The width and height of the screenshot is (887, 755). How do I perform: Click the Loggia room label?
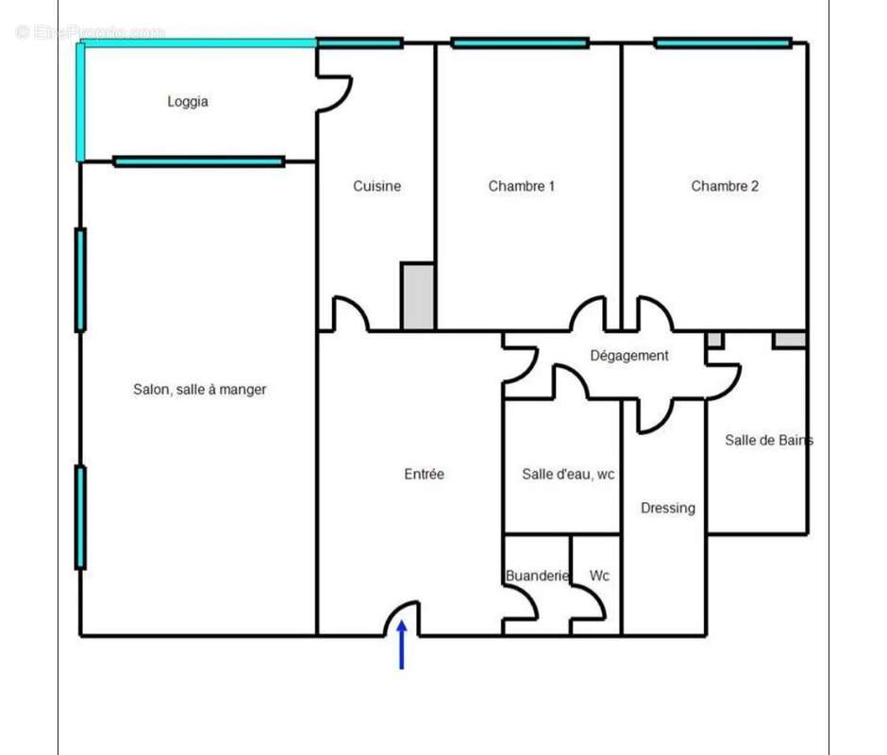[x=187, y=102]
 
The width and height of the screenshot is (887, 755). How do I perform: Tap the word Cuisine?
[x=377, y=186]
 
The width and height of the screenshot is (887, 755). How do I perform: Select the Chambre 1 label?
[x=521, y=186]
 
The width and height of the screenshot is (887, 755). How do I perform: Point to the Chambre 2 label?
[x=724, y=186]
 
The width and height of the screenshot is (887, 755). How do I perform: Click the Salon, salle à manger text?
[x=199, y=389]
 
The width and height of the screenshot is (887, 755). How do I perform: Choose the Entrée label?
[x=424, y=474]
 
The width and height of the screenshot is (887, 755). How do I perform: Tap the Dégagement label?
[x=628, y=356]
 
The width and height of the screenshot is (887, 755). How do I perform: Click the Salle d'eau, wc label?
[x=567, y=474]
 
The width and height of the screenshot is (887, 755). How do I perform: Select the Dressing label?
[x=667, y=508]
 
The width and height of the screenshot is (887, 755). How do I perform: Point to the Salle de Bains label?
[x=767, y=440]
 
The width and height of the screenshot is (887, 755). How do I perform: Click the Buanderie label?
[x=537, y=576]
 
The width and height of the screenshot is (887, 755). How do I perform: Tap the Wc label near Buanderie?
[x=599, y=576]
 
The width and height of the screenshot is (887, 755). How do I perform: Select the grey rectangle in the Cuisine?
[x=417, y=296]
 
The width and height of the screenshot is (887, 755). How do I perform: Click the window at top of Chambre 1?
[x=519, y=42]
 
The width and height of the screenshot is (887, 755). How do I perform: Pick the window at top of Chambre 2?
[x=722, y=42]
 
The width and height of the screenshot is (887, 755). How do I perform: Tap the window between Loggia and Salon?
[x=198, y=161]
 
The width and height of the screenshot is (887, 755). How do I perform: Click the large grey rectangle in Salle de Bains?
[x=790, y=339]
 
